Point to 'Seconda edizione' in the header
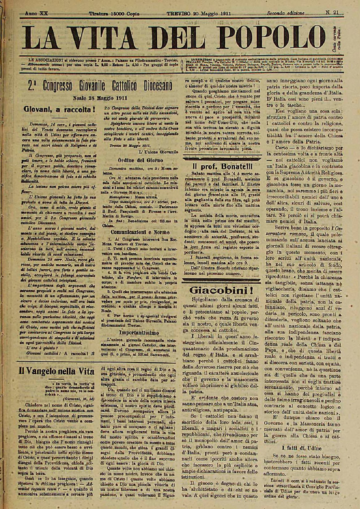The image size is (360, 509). click(x=286, y=13)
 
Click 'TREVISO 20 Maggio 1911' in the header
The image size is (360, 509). click(x=199, y=13)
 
